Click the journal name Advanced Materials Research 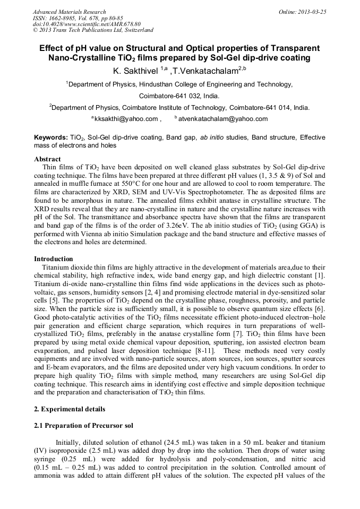click(69, 12)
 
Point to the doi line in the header click(87, 24)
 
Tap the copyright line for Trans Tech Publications click(93, 30)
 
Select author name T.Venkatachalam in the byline click(205, 71)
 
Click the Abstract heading click(47, 159)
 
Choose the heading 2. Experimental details click(70, 409)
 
